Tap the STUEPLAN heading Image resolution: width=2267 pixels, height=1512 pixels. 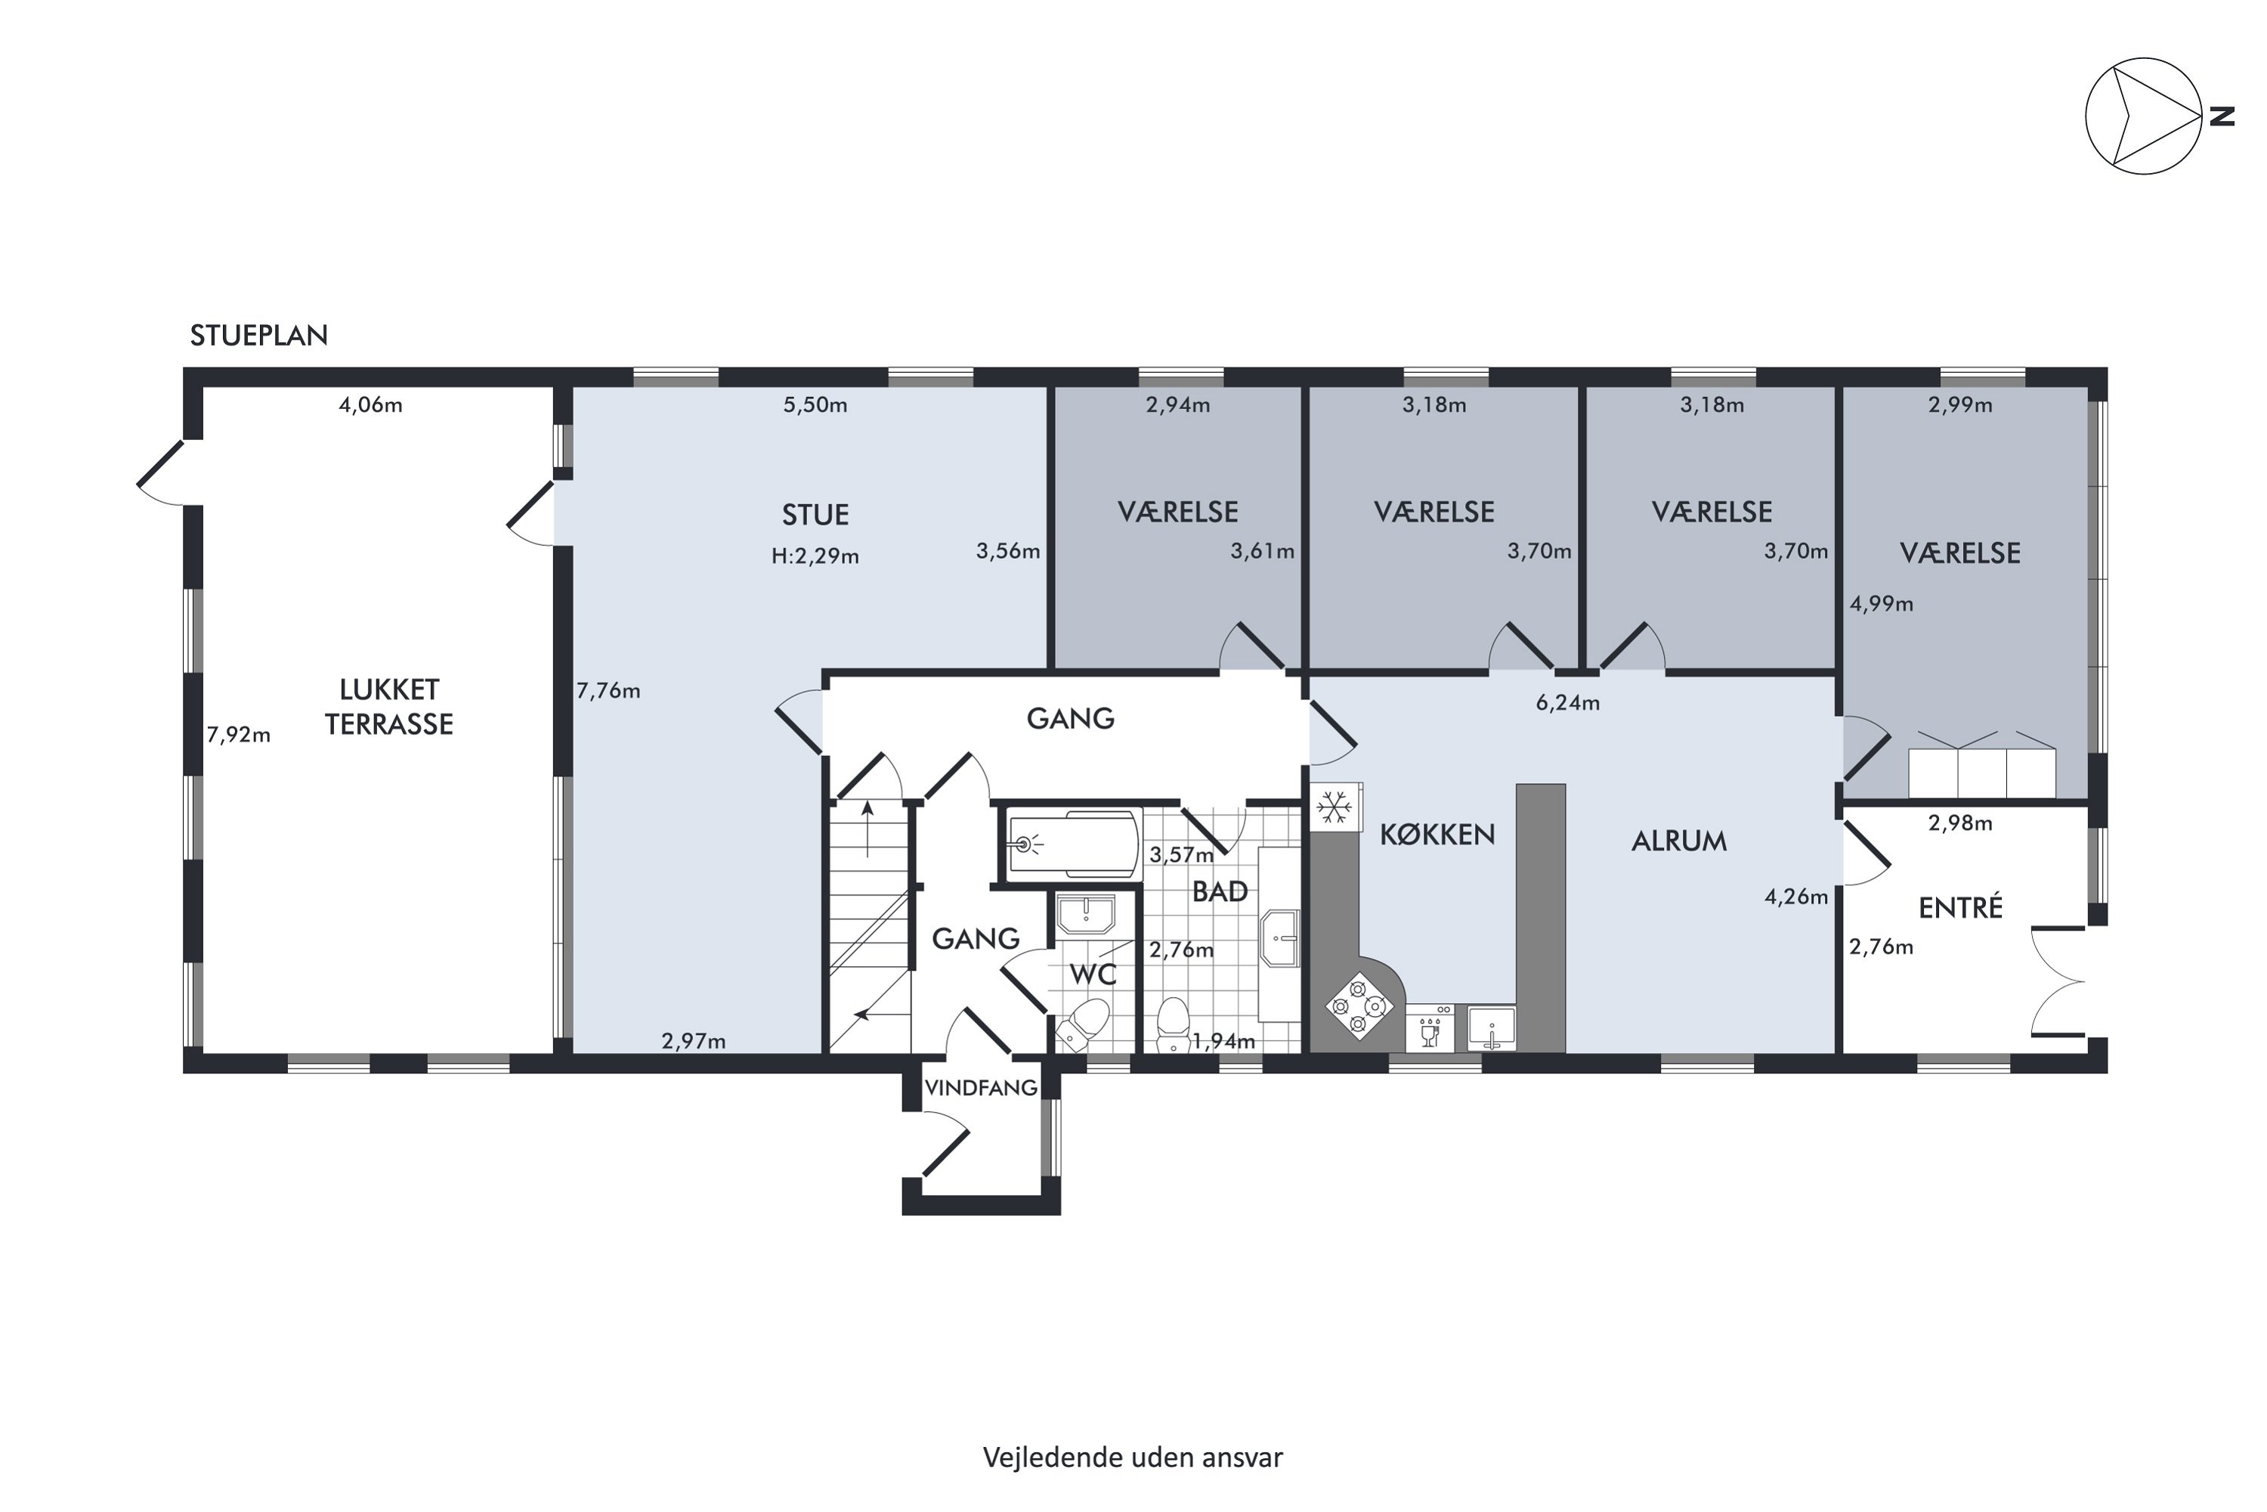point(258,336)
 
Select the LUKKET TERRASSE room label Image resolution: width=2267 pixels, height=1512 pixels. point(388,707)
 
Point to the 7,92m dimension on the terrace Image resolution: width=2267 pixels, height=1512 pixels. point(238,735)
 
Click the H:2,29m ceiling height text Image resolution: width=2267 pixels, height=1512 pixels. point(815,556)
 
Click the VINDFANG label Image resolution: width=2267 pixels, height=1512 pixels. point(980,1088)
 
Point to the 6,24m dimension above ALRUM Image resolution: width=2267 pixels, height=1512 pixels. point(1567,703)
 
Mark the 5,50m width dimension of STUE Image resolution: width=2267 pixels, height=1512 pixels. point(815,405)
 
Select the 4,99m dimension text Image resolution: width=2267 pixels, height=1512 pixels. point(1882,605)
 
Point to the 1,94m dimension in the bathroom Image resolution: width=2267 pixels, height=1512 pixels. point(1224,1042)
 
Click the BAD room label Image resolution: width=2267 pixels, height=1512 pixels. point(1220,892)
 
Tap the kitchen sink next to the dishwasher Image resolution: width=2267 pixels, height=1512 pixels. point(1492,1028)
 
